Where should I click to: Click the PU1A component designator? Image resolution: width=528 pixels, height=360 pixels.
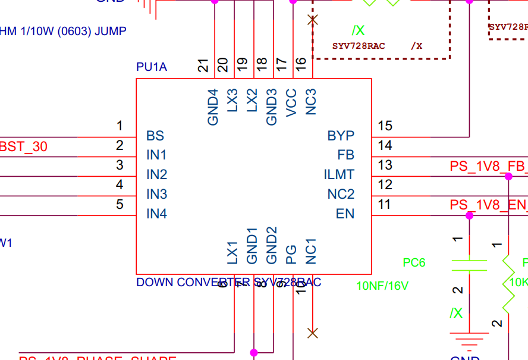(x=152, y=67)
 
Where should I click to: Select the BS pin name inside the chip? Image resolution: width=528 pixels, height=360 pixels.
(x=155, y=136)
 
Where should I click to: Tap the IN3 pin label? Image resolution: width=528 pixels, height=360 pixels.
(x=157, y=194)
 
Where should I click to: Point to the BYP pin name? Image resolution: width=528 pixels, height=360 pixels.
(x=341, y=136)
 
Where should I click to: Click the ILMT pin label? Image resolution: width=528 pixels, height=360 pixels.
(x=339, y=175)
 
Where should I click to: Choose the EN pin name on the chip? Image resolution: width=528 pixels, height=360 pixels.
(x=345, y=214)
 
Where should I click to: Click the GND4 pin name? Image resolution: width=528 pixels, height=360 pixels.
(x=213, y=107)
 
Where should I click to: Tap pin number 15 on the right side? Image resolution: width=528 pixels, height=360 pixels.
(x=385, y=126)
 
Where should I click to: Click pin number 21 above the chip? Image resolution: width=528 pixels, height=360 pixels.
(x=203, y=65)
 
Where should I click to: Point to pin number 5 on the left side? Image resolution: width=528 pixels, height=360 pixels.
(x=120, y=205)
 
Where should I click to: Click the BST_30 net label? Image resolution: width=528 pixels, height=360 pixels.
(x=24, y=146)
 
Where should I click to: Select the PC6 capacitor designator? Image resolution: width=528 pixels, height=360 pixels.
(x=414, y=262)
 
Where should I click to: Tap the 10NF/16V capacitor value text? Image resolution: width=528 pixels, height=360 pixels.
(x=382, y=286)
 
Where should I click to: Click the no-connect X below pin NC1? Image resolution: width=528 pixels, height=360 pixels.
(x=312, y=333)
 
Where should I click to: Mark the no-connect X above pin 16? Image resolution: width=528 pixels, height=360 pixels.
(x=312, y=20)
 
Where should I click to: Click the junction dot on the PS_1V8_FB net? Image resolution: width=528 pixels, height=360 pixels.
(x=508, y=176)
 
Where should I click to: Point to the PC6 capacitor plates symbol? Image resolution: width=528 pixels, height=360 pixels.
(x=469, y=265)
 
